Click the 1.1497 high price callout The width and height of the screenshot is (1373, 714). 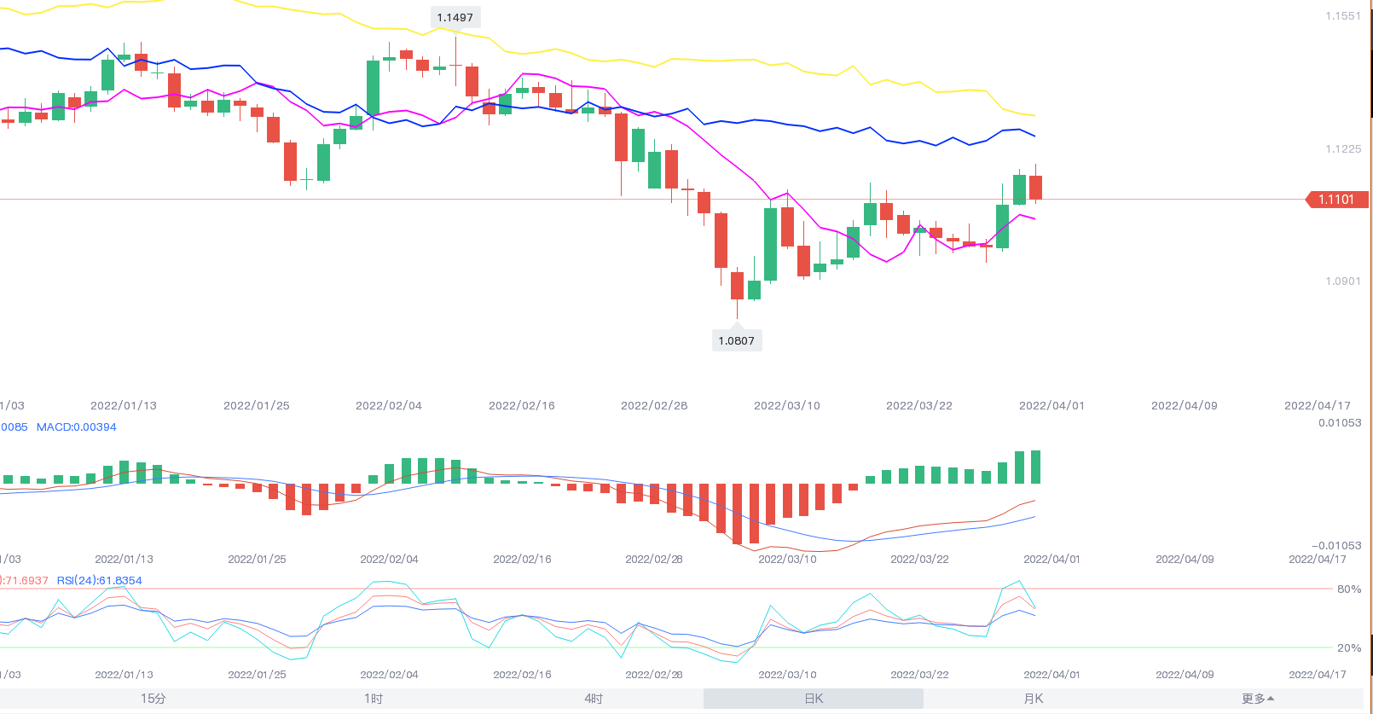click(x=455, y=18)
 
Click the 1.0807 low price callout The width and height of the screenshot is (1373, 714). click(x=736, y=340)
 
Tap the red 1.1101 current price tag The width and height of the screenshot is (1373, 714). click(x=1336, y=200)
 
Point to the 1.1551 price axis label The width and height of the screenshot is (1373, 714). click(x=1343, y=16)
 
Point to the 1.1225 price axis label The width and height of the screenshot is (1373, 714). click(x=1343, y=149)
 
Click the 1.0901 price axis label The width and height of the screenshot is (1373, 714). click(x=1343, y=282)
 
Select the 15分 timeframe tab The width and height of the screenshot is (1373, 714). click(x=154, y=699)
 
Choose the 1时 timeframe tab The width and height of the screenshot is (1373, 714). click(x=374, y=699)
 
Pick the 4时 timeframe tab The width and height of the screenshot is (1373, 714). click(x=594, y=699)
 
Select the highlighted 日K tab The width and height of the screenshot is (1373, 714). click(x=814, y=699)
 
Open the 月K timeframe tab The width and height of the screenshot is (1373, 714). click(x=1034, y=699)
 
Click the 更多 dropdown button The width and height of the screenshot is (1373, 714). click(x=1257, y=699)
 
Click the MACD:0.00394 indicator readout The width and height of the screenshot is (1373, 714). click(x=77, y=427)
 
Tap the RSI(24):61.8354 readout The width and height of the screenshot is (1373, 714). click(x=99, y=581)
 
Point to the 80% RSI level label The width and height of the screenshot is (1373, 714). click(x=1348, y=589)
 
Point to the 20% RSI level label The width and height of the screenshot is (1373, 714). click(x=1348, y=648)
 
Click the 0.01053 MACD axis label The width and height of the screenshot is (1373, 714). click(x=1340, y=423)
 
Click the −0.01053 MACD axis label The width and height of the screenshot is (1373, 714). click(x=1336, y=546)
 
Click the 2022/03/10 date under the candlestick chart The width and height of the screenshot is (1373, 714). click(x=786, y=406)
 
